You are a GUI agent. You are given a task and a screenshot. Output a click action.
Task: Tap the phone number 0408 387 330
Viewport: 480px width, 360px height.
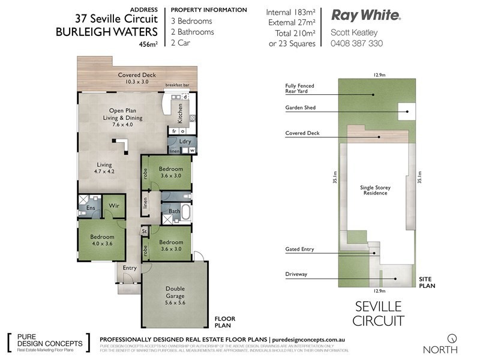(x=357, y=43)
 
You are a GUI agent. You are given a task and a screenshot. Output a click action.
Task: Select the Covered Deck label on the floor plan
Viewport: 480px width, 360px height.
(x=137, y=75)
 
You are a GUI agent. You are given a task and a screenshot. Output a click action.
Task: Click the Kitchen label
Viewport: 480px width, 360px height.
(x=179, y=114)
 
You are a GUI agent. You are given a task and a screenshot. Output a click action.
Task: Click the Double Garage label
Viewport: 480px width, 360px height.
(x=175, y=292)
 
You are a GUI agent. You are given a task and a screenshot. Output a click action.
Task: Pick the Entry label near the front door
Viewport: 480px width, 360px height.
(x=130, y=268)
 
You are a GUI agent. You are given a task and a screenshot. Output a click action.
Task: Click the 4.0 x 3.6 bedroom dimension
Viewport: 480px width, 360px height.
(x=102, y=244)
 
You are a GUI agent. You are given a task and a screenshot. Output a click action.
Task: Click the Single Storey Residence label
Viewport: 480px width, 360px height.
(x=375, y=191)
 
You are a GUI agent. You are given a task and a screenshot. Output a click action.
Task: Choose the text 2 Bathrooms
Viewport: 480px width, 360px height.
(x=193, y=32)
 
